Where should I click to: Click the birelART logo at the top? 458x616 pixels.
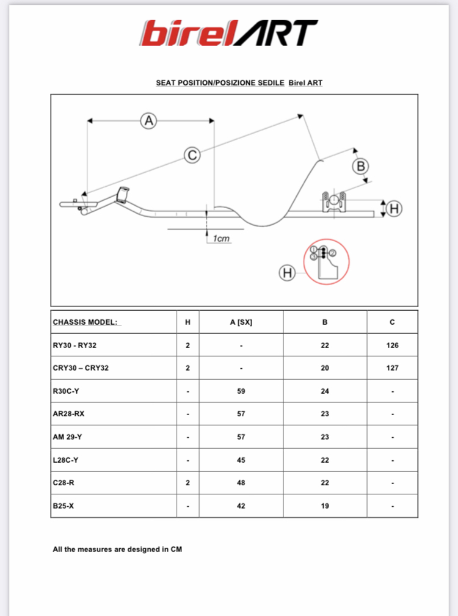coord(229,33)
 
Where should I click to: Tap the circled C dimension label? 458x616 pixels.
coord(192,155)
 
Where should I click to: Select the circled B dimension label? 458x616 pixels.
coord(361,165)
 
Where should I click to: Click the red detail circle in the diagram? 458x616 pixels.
coord(326,261)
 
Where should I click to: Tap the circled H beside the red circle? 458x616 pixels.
coord(287,273)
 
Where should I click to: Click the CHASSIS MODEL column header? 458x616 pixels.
coord(85,322)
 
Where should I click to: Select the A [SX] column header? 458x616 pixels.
coord(241,322)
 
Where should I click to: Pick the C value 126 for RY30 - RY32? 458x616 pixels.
coord(392,345)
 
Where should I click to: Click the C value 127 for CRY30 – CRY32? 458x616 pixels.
coord(392,368)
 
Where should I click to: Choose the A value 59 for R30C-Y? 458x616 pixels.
coord(241,391)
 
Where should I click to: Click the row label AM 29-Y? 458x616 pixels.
coord(67,437)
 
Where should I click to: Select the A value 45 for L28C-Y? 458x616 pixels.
coord(241,460)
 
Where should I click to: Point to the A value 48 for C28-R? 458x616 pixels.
coord(241,483)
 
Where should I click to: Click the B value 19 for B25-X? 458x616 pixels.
coord(325,506)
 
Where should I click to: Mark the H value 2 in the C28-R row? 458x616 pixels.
coord(187,483)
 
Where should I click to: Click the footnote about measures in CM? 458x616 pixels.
coord(117,549)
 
